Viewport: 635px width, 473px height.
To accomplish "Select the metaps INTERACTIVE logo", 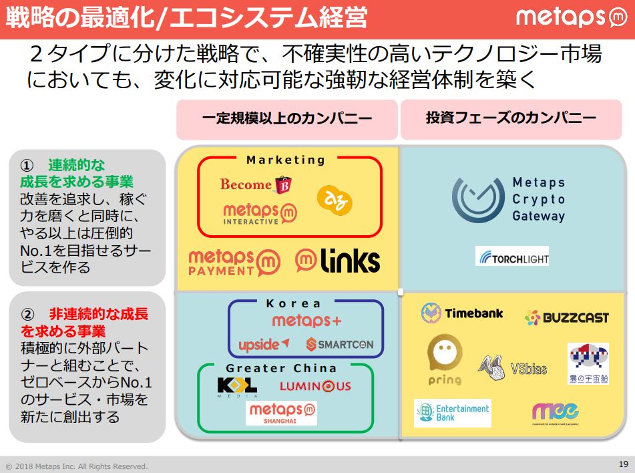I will coord(260,214).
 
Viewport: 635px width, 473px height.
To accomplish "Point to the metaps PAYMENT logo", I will coord(231,262).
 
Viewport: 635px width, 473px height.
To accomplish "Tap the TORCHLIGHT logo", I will coord(512,257).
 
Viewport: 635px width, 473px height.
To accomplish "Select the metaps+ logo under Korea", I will coord(306,321).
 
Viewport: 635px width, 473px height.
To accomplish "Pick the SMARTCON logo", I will coord(340,345).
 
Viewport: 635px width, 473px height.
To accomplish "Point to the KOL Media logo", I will coord(237,387).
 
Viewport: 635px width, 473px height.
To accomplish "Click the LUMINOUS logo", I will coord(314,386).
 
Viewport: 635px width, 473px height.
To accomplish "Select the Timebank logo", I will coord(462,313).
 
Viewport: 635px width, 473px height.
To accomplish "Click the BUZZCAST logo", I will coord(567,317).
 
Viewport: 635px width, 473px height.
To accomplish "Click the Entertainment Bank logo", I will coord(453,413).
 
